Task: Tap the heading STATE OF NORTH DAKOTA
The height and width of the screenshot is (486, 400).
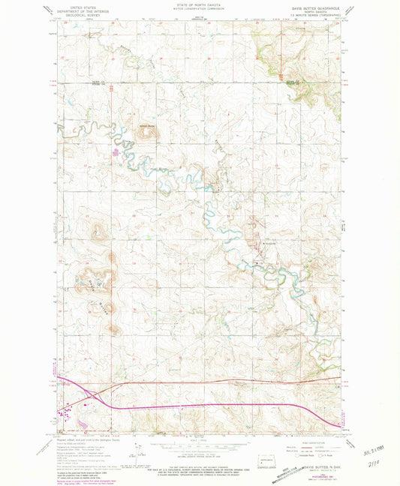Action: (200, 5)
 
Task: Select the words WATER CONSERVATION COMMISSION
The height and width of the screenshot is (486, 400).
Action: (200, 9)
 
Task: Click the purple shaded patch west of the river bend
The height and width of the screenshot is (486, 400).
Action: (115, 154)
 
